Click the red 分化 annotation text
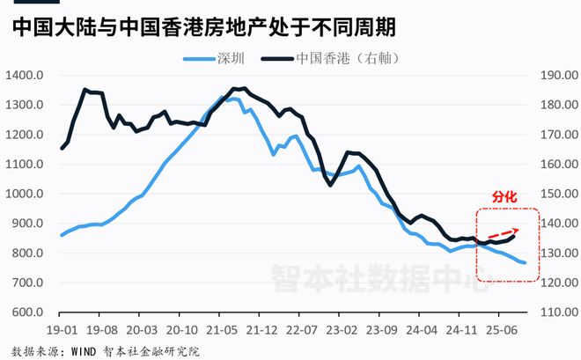[504, 199]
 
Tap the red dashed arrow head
[517, 229]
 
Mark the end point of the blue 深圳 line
[526, 263]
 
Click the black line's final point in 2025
[514, 236]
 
